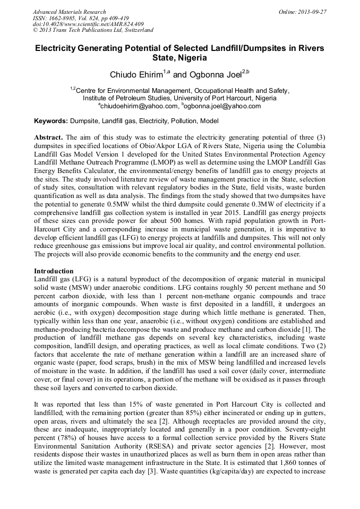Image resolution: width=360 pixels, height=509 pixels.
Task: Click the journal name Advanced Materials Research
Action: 69,12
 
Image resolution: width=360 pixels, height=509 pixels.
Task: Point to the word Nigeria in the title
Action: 192,58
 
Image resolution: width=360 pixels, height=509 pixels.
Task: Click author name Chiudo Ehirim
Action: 135,74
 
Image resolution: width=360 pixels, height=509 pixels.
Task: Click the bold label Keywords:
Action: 51,122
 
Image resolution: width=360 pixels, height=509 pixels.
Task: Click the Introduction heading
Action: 54,271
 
